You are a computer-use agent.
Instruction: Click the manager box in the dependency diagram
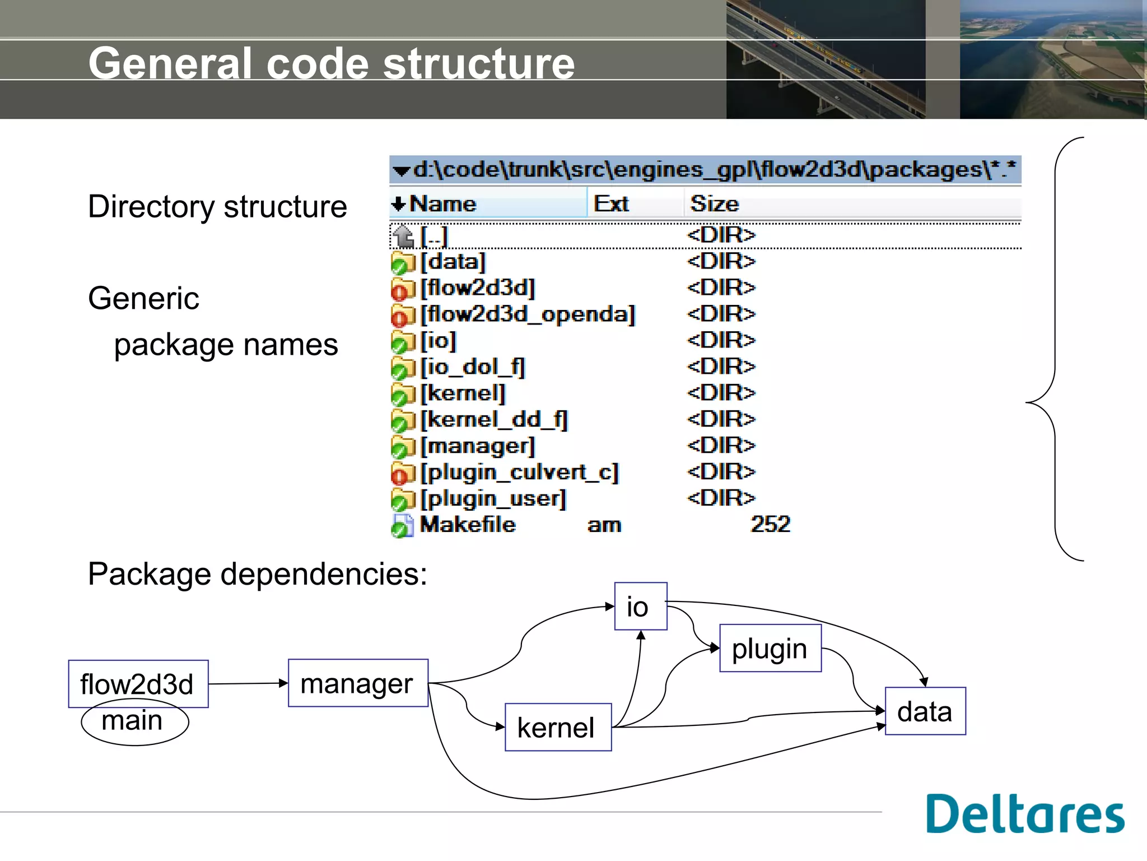point(358,683)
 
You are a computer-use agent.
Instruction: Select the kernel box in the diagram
point(558,727)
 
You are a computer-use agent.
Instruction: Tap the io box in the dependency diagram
point(640,607)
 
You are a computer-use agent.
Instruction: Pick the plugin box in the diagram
point(770,649)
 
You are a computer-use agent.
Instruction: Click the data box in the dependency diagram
point(925,711)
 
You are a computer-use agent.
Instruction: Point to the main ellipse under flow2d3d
point(134,724)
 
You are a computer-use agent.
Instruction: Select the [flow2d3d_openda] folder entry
point(528,314)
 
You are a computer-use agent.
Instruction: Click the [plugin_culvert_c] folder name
point(519,472)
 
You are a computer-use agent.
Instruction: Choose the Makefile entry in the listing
point(468,525)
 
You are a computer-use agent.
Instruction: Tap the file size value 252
point(770,525)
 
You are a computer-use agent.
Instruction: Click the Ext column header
point(611,203)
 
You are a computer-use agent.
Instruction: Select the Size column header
point(714,203)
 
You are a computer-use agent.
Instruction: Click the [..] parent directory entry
point(434,235)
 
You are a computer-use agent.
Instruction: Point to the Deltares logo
point(1024,813)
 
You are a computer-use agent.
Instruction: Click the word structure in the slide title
point(479,63)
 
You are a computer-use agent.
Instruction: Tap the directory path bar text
point(711,169)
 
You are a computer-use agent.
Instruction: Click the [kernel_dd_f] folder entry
point(494,419)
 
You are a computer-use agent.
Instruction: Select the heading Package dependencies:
point(258,574)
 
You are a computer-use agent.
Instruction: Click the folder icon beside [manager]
point(402,447)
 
